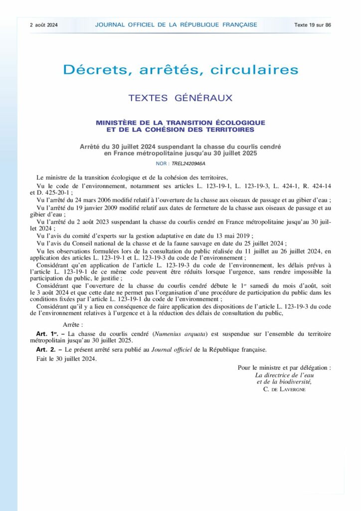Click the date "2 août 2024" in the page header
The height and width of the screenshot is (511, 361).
pos(43,24)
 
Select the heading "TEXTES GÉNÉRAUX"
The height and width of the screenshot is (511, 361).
pos(180,98)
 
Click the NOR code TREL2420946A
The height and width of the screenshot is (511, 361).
pos(188,163)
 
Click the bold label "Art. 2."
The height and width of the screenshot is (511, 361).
pos(47,349)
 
